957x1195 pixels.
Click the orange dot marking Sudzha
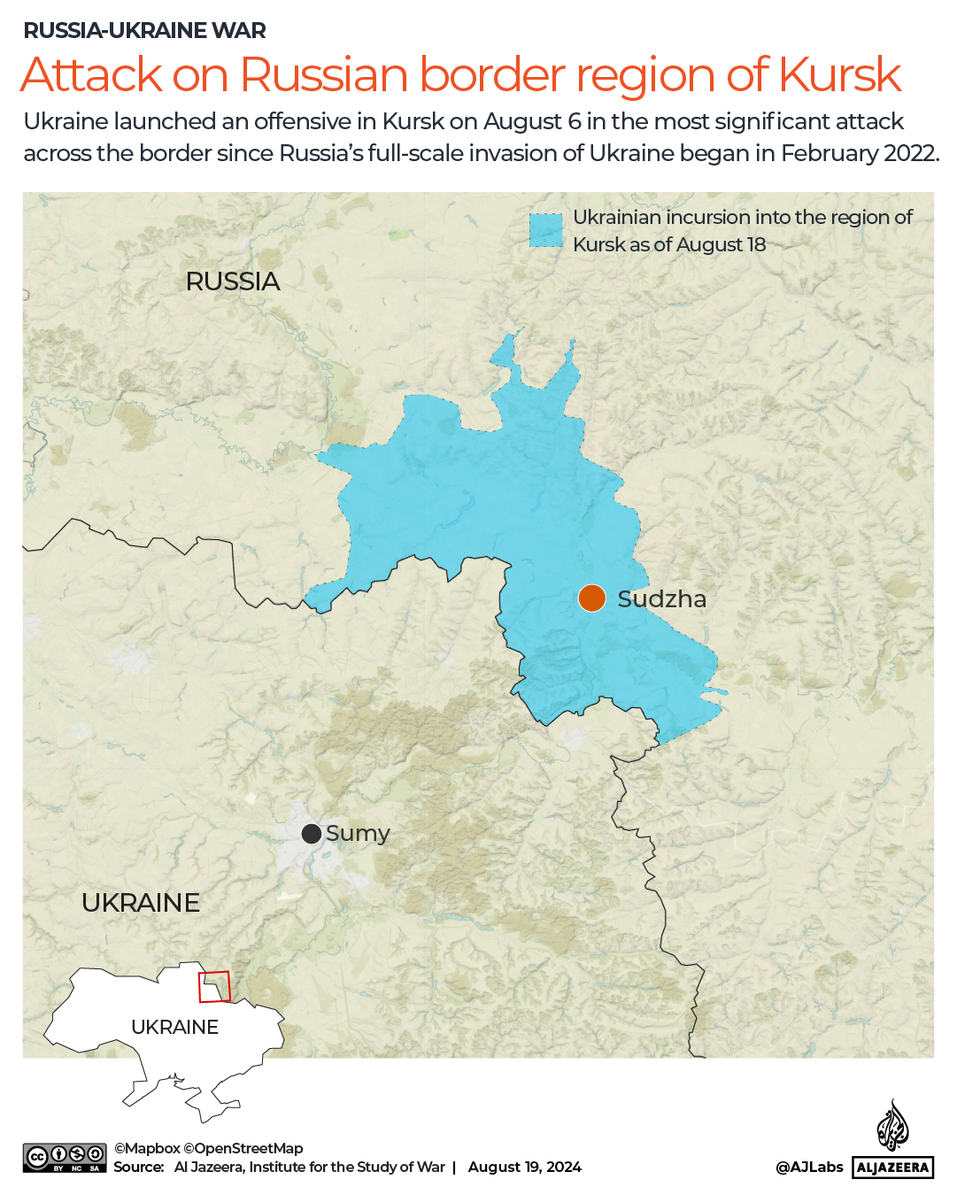click(591, 598)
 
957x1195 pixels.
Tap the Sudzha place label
click(661, 599)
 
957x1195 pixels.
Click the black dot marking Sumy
click(311, 834)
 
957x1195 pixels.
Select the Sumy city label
click(358, 834)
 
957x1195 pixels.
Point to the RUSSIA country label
click(233, 281)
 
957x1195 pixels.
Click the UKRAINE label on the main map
click(141, 903)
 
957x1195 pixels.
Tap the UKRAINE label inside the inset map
click(174, 1027)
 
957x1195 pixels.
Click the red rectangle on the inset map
click(214, 986)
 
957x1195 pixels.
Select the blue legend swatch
click(545, 230)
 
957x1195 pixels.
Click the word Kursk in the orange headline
click(839, 74)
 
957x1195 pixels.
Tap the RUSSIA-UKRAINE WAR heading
click(144, 30)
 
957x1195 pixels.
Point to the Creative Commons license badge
click(65, 1158)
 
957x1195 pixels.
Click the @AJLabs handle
click(809, 1167)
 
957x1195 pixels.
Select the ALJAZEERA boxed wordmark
click(892, 1168)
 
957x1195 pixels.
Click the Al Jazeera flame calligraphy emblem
click(892, 1126)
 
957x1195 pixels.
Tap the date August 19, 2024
click(524, 1167)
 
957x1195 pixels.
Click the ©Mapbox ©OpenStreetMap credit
click(208, 1148)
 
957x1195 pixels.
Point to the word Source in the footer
click(138, 1167)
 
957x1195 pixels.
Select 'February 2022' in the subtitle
click(858, 153)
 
